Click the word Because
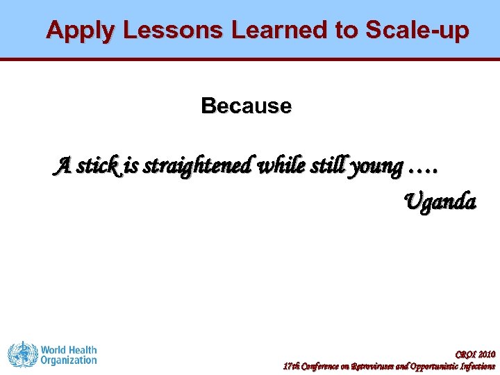[x=246, y=106]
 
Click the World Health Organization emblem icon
[x=21, y=355]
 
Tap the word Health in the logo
[x=82, y=350]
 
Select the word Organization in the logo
[x=68, y=360]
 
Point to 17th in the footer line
[x=290, y=366]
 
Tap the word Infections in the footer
[x=480, y=366]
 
